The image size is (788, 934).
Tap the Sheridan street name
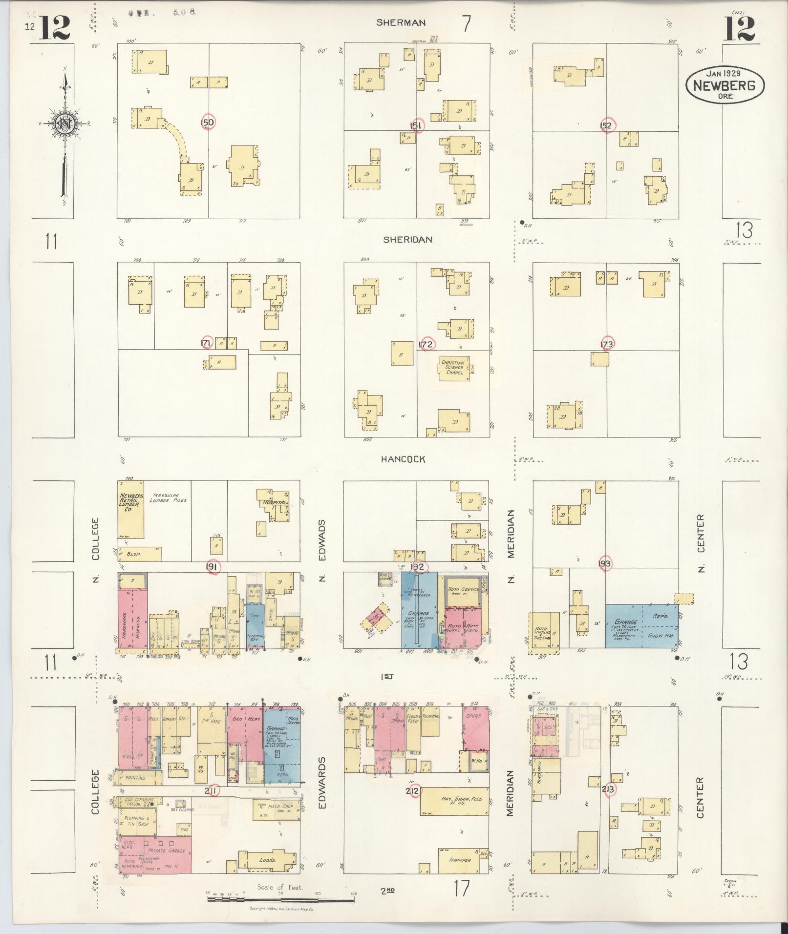coord(407,240)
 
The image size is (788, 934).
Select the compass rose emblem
coord(64,124)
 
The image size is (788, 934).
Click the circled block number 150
coord(208,122)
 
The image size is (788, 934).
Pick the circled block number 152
coord(606,125)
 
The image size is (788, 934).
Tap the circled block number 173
coord(607,344)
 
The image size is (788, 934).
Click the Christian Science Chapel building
coord(453,367)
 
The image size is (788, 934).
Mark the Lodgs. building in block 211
coord(267,860)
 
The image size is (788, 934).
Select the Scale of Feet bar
coord(281,899)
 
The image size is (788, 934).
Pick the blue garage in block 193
coord(641,626)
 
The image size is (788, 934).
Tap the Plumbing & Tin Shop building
coord(136,821)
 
